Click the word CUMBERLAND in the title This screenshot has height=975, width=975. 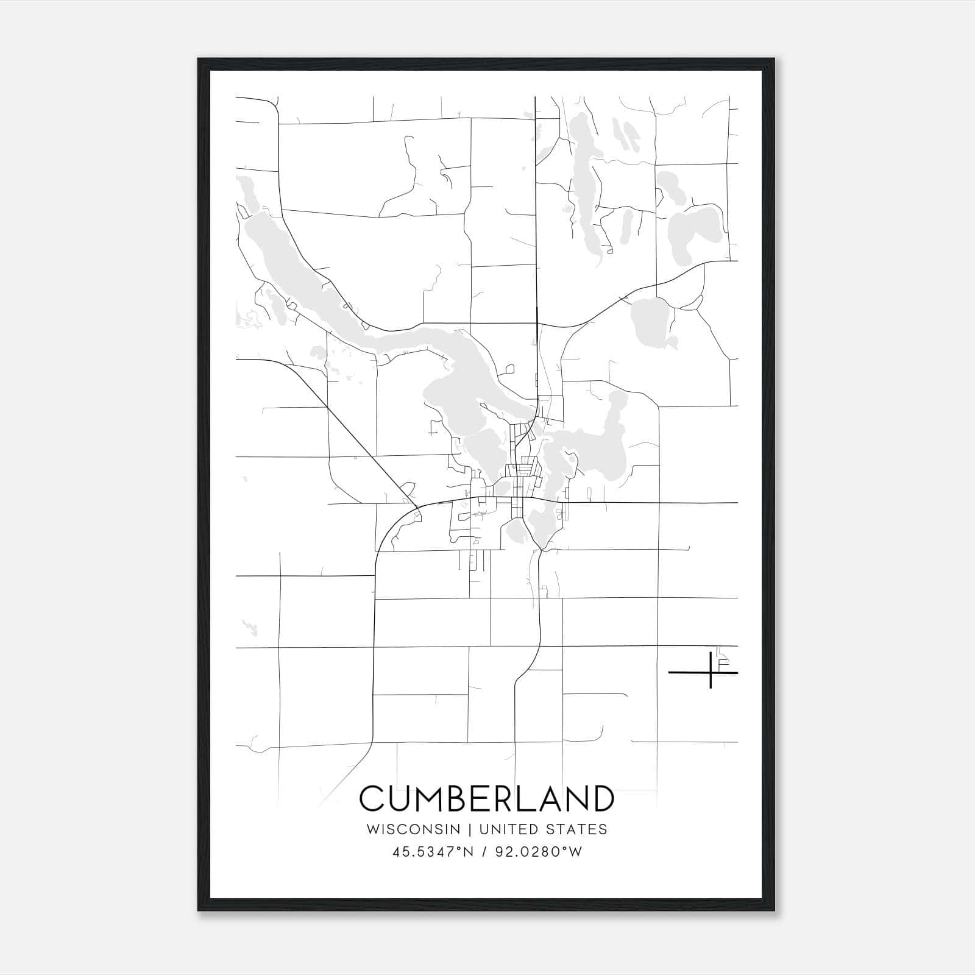coord(487,798)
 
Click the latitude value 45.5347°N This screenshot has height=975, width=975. coord(433,852)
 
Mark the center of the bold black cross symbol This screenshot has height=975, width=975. coord(711,672)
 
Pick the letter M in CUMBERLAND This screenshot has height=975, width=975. coord(433,798)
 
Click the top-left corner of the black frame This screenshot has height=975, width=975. coord(198,58)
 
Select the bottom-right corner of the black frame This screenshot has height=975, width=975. coord(775,911)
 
